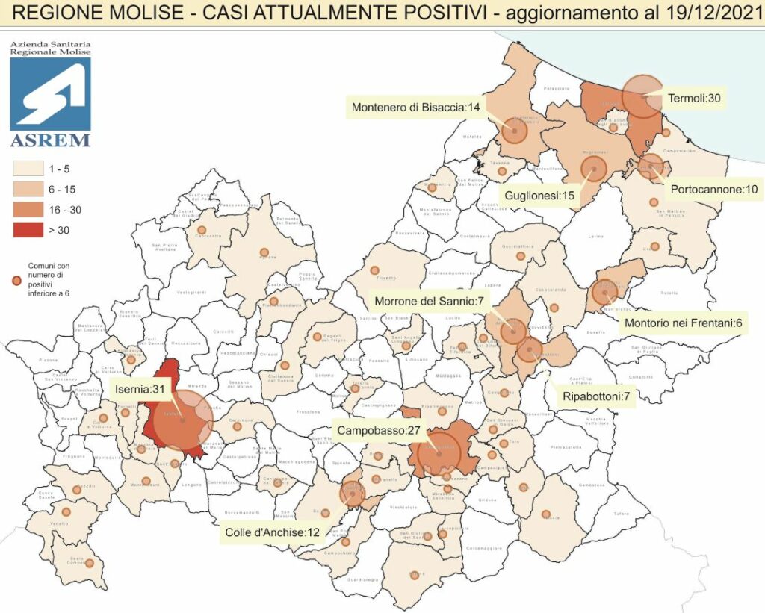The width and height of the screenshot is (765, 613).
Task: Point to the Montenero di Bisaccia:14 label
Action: [415, 108]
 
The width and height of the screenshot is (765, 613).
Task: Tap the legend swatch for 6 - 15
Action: [27, 189]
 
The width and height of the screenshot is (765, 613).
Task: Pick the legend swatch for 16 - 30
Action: [27, 209]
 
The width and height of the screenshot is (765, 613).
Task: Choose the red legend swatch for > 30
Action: [27, 229]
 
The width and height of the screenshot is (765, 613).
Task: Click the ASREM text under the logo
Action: [50, 140]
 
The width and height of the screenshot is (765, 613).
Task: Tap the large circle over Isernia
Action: [183, 420]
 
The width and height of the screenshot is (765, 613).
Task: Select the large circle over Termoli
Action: [642, 97]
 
